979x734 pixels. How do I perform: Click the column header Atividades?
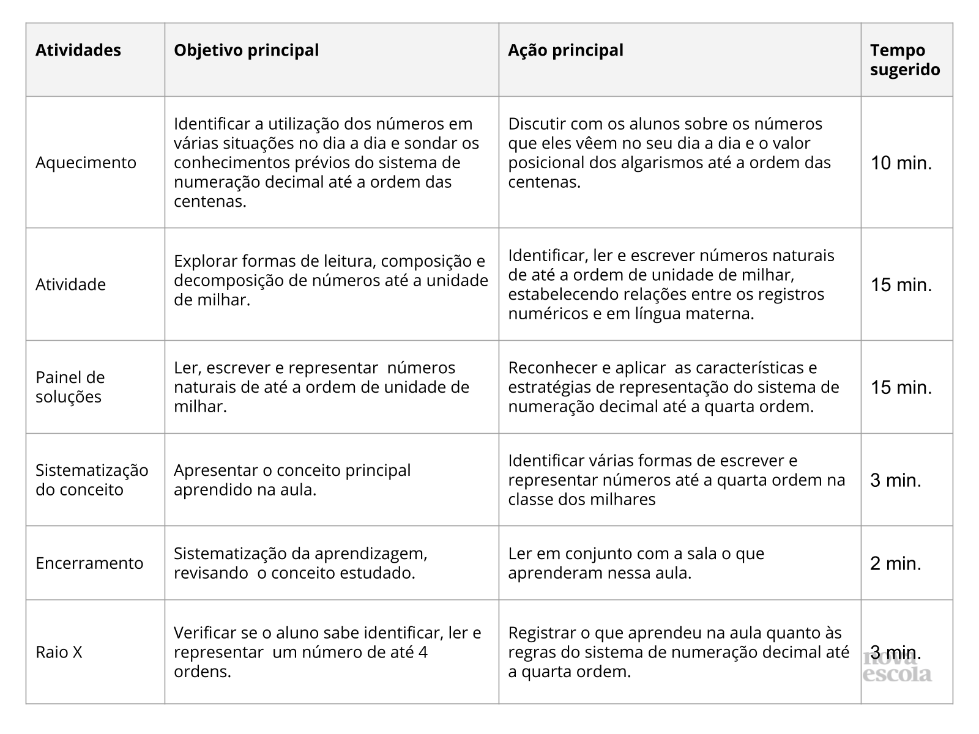click(x=78, y=50)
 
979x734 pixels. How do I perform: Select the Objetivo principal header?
click(x=246, y=50)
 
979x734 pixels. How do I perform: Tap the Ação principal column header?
click(x=565, y=50)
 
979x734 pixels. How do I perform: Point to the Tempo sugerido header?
click(x=905, y=60)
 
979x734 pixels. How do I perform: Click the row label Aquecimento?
click(x=86, y=163)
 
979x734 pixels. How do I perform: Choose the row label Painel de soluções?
click(x=70, y=387)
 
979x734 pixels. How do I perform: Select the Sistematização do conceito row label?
click(x=92, y=480)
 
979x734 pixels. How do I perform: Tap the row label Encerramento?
click(x=89, y=563)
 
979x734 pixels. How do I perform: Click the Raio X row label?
click(x=59, y=653)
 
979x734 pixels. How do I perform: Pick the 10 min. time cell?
click(x=901, y=163)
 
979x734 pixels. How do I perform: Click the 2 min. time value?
click(x=896, y=563)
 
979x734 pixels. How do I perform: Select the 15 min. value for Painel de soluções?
click(x=901, y=388)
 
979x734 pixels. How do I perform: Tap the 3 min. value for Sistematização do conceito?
click(x=896, y=481)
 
